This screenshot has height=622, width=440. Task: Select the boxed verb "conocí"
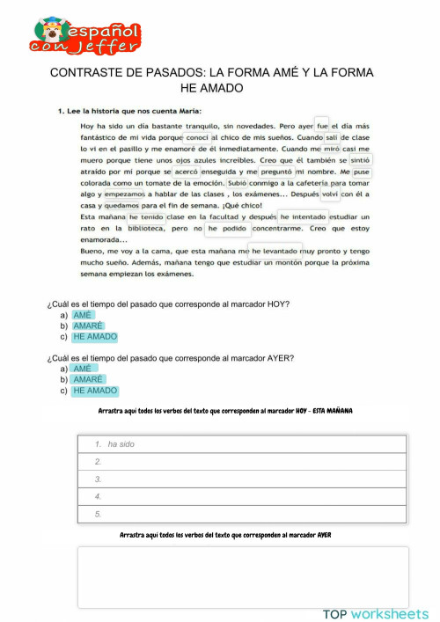coord(197,137)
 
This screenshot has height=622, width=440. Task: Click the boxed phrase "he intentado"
coord(304,216)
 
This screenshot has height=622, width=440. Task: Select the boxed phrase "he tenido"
coord(146,216)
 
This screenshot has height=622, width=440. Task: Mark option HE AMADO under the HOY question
coord(95,337)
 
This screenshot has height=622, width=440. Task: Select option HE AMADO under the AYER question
coord(95,391)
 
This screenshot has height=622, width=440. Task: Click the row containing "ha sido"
coord(242,444)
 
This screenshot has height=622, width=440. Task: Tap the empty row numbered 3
coord(242,479)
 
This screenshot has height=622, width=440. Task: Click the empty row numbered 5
coord(242,514)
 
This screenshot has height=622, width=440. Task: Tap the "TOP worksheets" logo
coord(376,613)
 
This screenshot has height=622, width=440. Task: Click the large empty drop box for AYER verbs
coord(242,576)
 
